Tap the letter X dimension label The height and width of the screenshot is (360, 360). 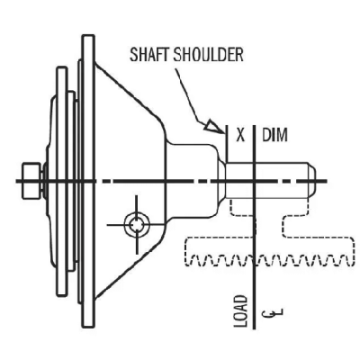[x=240, y=136]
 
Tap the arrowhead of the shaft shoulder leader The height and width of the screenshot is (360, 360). [x=217, y=127]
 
